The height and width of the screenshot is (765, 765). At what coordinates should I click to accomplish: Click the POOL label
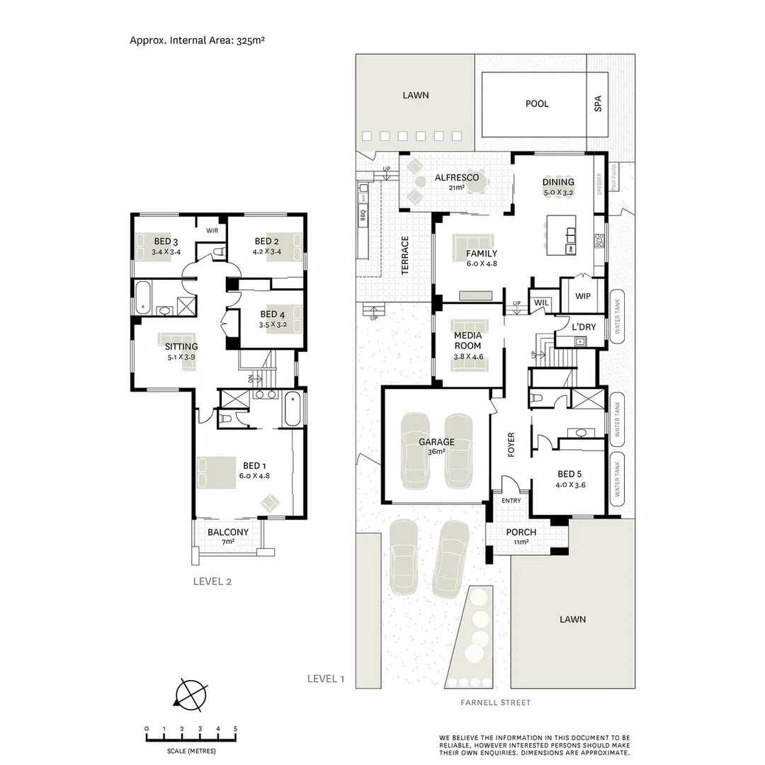(537, 103)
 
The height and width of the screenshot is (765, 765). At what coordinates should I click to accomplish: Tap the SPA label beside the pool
(598, 104)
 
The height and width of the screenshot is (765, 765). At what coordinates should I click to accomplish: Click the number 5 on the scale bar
(235, 729)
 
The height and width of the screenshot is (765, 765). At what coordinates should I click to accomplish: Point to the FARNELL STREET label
(495, 703)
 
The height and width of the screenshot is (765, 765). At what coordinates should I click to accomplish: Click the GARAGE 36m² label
(436, 446)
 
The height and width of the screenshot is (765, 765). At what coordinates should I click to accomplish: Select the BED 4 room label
(268, 319)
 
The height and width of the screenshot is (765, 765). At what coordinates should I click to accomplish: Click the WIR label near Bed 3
(212, 231)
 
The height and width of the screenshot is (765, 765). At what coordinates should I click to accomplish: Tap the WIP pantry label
(583, 295)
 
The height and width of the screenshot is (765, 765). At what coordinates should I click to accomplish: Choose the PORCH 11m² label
(521, 536)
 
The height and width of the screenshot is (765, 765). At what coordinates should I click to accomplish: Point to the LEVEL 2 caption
(212, 582)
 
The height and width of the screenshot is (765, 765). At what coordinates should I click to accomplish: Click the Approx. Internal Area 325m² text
(197, 40)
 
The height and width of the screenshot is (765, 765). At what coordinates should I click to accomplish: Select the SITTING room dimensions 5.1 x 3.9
(181, 357)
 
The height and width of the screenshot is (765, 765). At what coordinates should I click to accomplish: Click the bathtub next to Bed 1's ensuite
(293, 409)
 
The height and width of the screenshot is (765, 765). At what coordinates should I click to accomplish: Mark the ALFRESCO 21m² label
(456, 181)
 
